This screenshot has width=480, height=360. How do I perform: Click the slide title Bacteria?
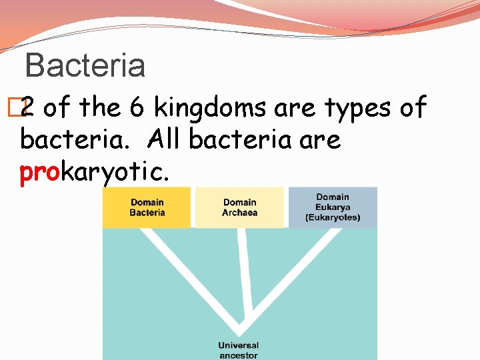85,65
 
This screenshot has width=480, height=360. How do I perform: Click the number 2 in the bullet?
29,107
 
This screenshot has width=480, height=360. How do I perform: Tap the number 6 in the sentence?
141,107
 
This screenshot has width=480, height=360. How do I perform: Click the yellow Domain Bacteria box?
147,207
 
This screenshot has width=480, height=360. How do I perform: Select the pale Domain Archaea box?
239,207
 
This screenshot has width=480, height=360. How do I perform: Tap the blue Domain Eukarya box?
333,207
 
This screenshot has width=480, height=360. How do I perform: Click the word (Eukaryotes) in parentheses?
333,217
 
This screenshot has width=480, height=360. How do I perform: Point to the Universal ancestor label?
238,350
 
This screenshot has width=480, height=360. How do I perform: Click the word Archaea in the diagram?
239,213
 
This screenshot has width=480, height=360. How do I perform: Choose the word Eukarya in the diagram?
333,207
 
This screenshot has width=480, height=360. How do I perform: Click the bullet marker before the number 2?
23,107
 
